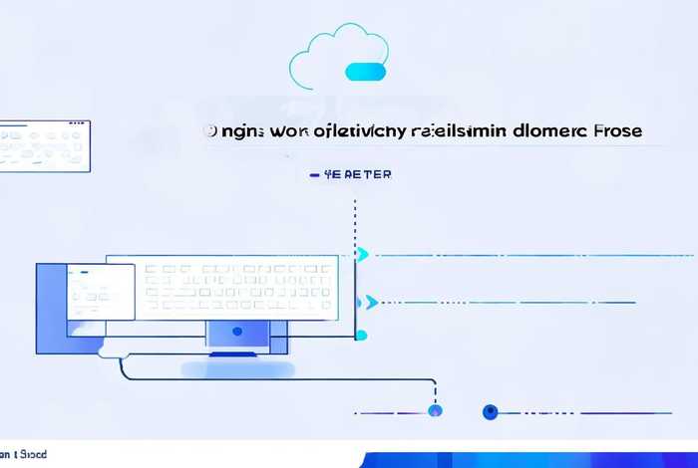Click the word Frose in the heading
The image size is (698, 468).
pyautogui.click(x=616, y=130)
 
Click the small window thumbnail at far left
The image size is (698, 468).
pyautogui.click(x=44, y=144)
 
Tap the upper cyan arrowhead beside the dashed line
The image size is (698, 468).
pyautogui.click(x=363, y=255)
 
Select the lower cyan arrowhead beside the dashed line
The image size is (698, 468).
pyautogui.click(x=371, y=302)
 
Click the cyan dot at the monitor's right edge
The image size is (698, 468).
pyautogui.click(x=361, y=336)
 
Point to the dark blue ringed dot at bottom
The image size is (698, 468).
pyautogui.click(x=490, y=411)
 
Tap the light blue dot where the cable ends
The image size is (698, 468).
pyautogui.click(x=434, y=410)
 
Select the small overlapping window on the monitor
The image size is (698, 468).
pyautogui.click(x=99, y=292)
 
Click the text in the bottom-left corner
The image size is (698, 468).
pyautogui.click(x=24, y=455)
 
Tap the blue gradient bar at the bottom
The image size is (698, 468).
pyautogui.click(x=528, y=459)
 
